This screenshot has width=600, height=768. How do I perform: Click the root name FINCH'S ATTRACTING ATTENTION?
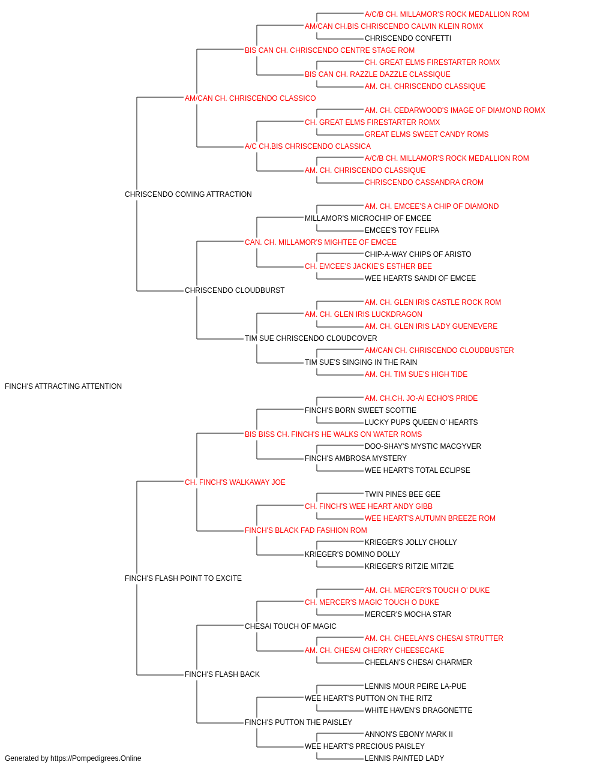pyautogui.click(x=63, y=386)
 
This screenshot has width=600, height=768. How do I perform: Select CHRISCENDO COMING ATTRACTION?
pyautogui.click(x=188, y=194)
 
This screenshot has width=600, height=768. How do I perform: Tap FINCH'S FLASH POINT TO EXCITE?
pyautogui.click(x=183, y=578)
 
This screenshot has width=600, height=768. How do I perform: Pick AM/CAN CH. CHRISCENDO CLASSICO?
pyautogui.click(x=250, y=98)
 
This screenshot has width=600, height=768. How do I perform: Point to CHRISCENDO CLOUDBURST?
pyautogui.click(x=235, y=290)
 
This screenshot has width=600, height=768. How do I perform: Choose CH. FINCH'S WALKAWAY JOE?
pyautogui.click(x=235, y=482)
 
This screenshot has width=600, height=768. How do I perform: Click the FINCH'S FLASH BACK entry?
pyautogui.click(x=222, y=674)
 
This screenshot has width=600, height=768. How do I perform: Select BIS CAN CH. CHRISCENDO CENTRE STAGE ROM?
pyautogui.click(x=329, y=50)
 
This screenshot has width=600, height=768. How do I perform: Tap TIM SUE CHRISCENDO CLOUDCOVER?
pyautogui.click(x=311, y=338)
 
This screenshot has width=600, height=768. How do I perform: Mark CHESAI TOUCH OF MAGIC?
pyautogui.click(x=290, y=626)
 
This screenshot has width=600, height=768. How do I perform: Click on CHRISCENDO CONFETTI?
pyautogui.click(x=408, y=38)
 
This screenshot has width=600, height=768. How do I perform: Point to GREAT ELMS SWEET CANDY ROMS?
pyautogui.click(x=427, y=134)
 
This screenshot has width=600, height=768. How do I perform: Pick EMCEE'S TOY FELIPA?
pyautogui.click(x=402, y=230)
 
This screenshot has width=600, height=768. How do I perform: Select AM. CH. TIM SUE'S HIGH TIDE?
pyautogui.click(x=416, y=374)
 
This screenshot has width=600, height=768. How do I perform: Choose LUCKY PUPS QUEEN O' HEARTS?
pyautogui.click(x=421, y=422)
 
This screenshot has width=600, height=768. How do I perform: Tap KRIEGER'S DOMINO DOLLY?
pyautogui.click(x=352, y=554)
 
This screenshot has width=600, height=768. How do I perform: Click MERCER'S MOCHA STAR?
pyautogui.click(x=408, y=614)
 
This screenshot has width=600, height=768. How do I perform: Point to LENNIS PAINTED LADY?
pyautogui.click(x=404, y=758)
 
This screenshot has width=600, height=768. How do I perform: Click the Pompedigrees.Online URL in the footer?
pyautogui.click(x=96, y=758)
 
